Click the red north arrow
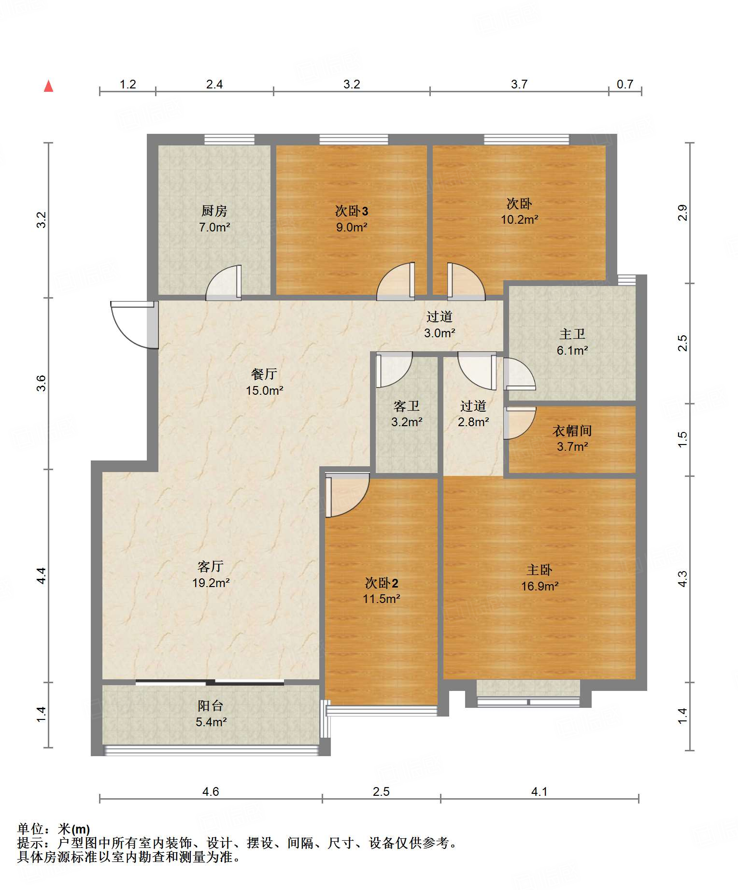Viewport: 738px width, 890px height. [x=48, y=86]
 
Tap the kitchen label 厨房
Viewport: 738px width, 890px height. [x=214, y=211]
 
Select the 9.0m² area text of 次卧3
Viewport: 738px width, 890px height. [x=352, y=227]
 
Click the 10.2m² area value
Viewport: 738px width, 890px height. [x=519, y=219]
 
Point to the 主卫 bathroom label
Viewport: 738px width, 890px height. [x=572, y=334]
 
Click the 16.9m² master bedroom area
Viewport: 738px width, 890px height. [x=539, y=586]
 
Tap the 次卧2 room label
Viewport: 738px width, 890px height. [x=382, y=583]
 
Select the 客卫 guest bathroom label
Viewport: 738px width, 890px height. [x=407, y=406]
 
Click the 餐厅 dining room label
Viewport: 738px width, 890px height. [x=264, y=374]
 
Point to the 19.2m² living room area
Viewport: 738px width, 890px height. [x=211, y=583]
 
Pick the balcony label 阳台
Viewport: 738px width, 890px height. [x=211, y=706]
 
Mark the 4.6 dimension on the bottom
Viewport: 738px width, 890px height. [x=211, y=791]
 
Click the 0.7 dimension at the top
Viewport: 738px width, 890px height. [x=625, y=85]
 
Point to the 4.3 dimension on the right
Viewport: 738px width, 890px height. [x=682, y=579]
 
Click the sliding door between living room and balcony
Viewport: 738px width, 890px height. [x=210, y=683]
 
